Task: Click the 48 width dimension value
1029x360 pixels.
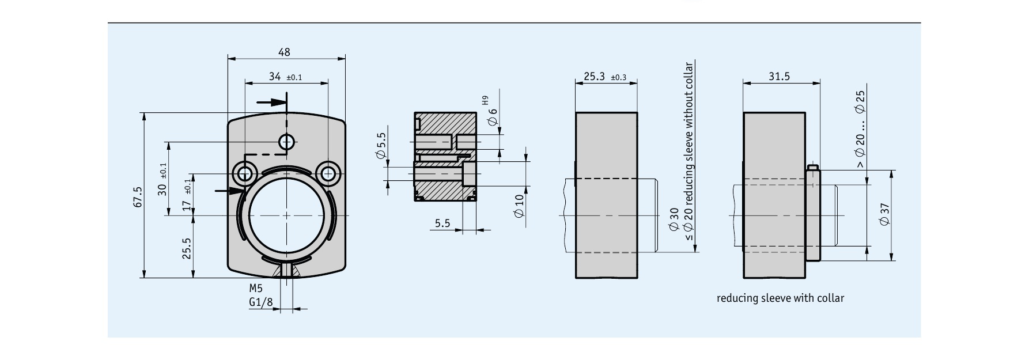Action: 284,52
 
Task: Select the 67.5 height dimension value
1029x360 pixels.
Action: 137,196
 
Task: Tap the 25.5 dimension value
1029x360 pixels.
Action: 187,248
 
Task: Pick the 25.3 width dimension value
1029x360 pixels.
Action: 594,76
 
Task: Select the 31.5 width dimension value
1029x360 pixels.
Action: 779,76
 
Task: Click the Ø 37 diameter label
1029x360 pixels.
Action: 885,214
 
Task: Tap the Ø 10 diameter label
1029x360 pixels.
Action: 519,206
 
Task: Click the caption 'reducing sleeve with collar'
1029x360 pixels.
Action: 780,298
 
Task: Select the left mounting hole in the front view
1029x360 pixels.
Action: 245,172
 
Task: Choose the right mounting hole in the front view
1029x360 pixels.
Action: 328,172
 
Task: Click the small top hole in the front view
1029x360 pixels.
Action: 286,141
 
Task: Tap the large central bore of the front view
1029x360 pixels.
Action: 286,215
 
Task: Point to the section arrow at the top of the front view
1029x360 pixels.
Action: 271,103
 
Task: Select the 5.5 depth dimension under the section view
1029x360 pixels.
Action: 442,223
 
